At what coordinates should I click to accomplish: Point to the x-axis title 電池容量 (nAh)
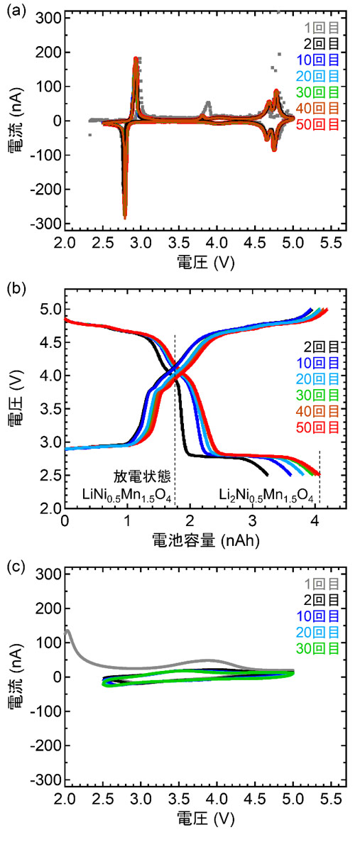coord(206,541)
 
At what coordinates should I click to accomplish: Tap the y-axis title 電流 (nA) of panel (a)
coord(16,121)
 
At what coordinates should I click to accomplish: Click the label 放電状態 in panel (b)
coord(142,476)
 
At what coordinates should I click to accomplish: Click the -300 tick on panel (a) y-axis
coord(44,224)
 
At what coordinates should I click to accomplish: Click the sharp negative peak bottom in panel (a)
coord(125,217)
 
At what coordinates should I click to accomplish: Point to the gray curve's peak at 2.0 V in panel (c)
coord(67,630)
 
